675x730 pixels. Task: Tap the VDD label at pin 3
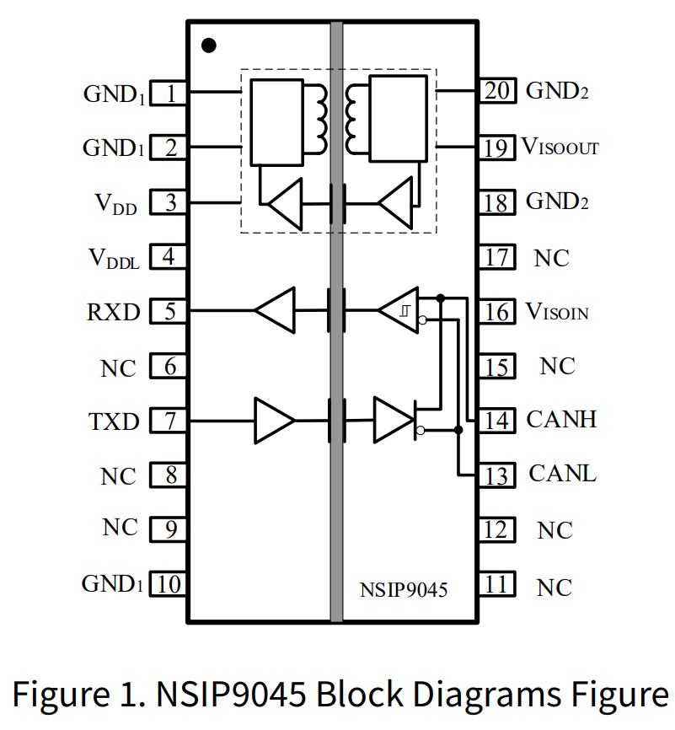click(115, 203)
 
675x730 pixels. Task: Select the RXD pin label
click(113, 312)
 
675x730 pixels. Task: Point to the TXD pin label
click(114, 421)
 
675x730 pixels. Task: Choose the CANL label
click(562, 473)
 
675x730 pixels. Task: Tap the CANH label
click(561, 419)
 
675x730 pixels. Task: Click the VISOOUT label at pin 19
click(560, 147)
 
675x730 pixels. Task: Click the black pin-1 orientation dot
click(209, 45)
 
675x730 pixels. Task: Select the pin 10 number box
click(169, 583)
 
